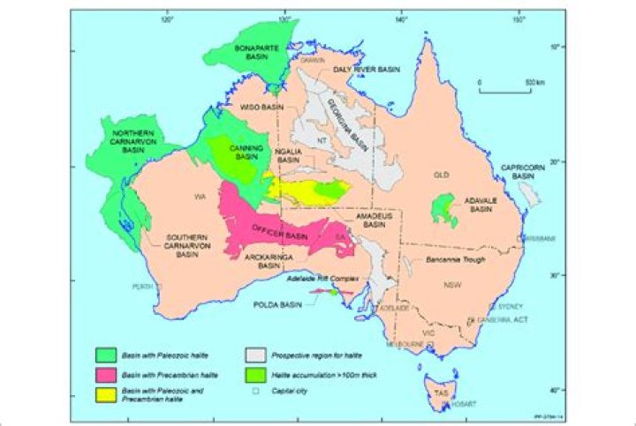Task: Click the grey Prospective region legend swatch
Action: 256,355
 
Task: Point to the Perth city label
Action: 141,287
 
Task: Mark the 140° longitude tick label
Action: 401,19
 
